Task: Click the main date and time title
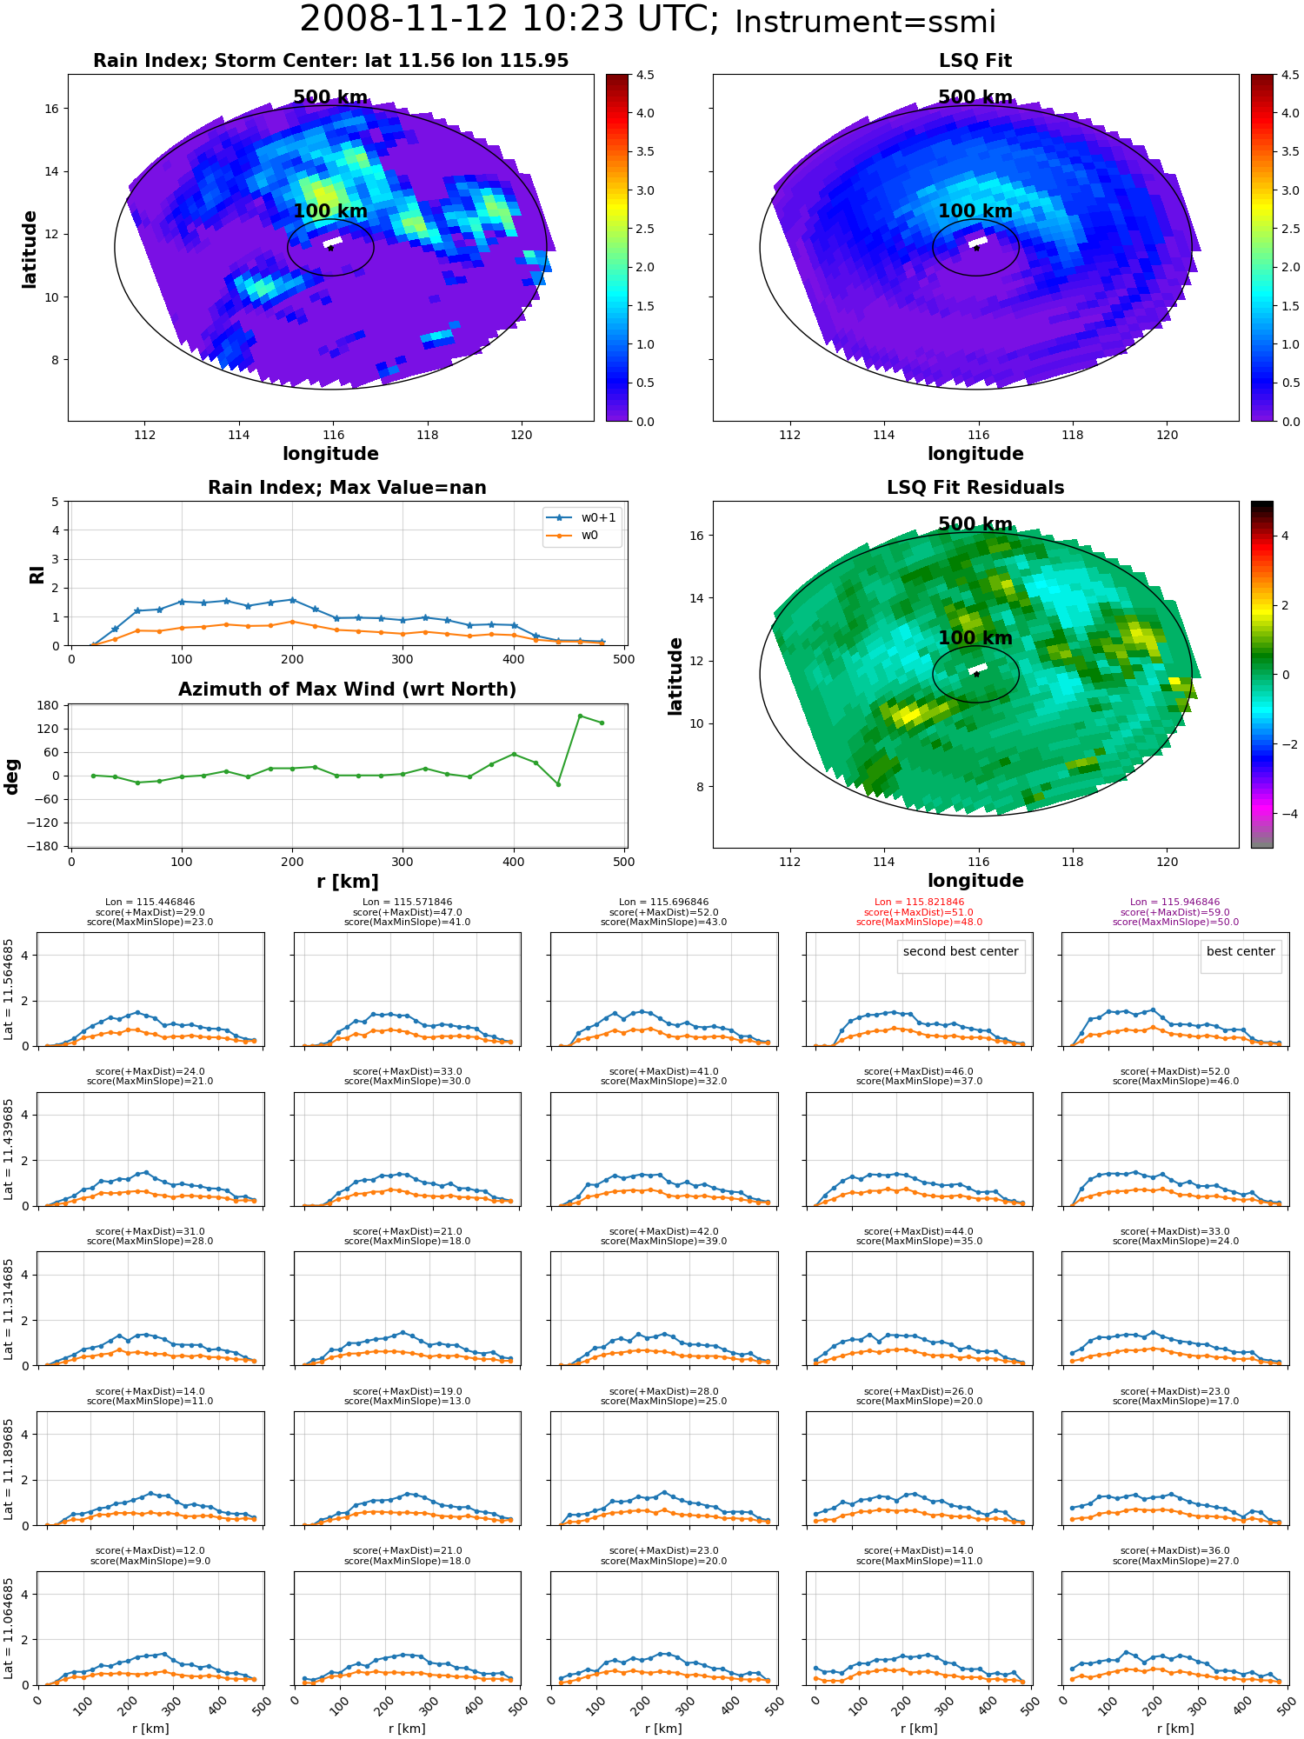point(648,20)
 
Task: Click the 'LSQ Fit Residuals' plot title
point(975,488)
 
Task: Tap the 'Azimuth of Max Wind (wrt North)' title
point(347,690)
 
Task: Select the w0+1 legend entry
point(582,517)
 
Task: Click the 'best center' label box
point(1241,951)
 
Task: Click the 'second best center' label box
point(961,951)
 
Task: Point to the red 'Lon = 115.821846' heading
point(919,903)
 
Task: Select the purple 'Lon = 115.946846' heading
point(1175,903)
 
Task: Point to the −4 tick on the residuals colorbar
point(1285,814)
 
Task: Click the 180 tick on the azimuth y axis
point(49,705)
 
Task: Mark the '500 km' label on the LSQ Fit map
point(975,97)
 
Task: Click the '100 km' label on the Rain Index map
point(330,211)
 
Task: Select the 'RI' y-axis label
point(37,574)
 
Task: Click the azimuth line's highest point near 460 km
point(580,716)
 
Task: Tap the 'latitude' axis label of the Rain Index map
point(30,249)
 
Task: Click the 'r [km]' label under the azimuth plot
point(348,882)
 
